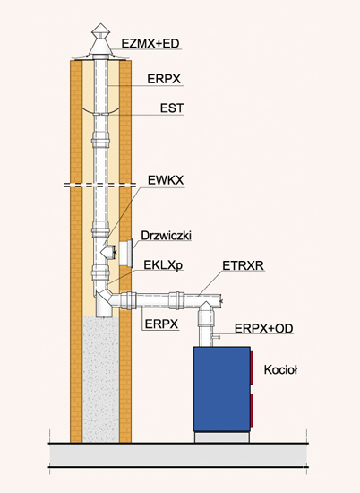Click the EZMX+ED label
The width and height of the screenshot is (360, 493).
150,43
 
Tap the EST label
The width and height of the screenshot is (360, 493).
172,108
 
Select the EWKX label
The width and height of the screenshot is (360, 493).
166,180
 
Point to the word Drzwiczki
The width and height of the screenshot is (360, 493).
167,236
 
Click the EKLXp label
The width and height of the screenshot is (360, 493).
163,265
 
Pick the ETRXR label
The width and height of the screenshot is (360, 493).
243,265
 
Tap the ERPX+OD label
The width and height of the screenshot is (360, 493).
264,328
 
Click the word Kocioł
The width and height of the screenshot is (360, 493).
280,369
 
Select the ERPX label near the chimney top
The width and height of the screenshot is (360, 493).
164,79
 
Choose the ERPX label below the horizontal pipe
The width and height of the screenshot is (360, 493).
161,324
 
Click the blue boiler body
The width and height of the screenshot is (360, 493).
222,389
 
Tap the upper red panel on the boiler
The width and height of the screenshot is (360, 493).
252,368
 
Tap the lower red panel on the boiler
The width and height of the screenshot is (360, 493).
252,411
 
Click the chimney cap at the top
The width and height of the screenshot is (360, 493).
100,42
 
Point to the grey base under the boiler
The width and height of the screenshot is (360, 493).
222,437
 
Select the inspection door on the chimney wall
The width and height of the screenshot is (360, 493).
126,252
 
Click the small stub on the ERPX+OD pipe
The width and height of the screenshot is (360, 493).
216,337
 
